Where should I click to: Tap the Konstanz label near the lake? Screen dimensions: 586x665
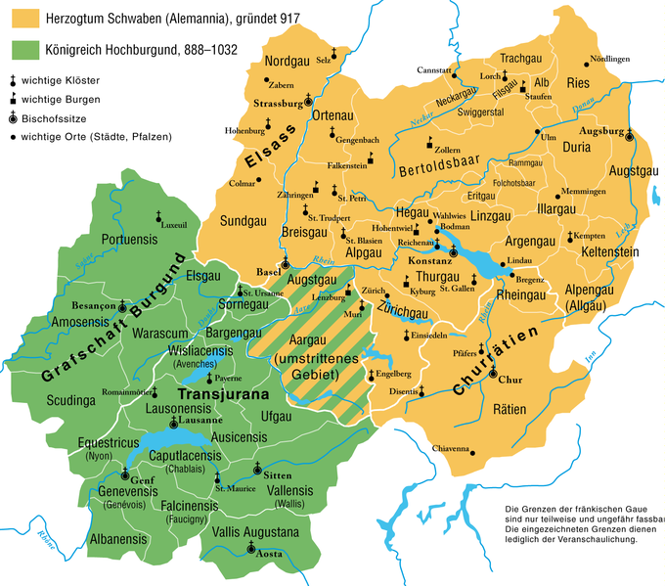click(428, 264)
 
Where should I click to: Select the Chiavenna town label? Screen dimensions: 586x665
click(451, 449)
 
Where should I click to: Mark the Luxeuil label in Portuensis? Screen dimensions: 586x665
click(172, 224)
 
